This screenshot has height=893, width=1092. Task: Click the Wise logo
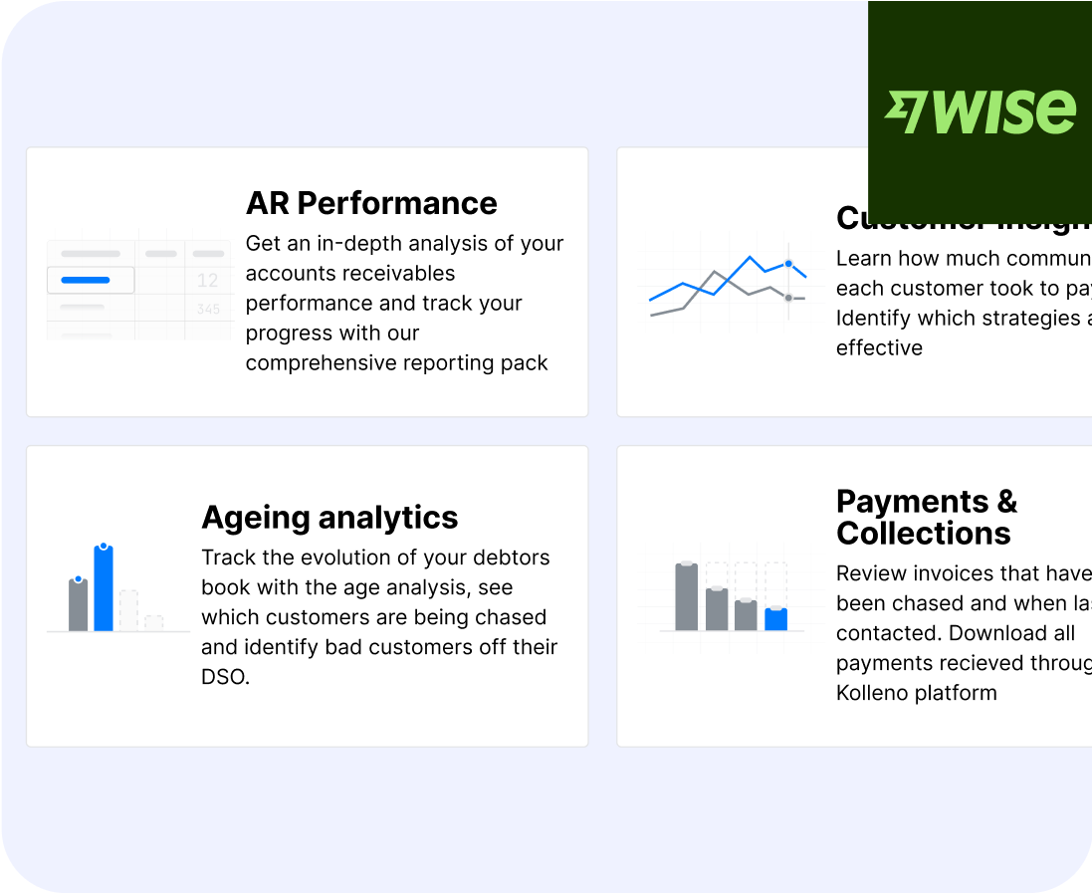(x=981, y=112)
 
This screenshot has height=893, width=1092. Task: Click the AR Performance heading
(x=371, y=203)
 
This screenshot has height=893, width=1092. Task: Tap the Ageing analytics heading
(x=329, y=518)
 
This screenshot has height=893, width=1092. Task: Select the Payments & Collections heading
(x=926, y=517)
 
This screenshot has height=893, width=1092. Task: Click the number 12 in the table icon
(x=208, y=281)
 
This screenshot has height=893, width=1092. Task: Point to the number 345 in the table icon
(x=208, y=310)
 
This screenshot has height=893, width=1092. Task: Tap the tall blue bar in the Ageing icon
(x=104, y=589)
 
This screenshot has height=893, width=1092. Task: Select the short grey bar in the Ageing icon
(x=79, y=605)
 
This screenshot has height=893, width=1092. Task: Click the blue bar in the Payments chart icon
(x=776, y=619)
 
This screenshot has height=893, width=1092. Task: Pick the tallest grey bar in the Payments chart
(x=686, y=597)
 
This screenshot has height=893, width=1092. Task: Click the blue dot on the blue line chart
(x=788, y=264)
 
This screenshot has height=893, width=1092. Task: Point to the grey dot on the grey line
(x=788, y=298)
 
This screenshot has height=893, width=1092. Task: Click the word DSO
(x=224, y=677)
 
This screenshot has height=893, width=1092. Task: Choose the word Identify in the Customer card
(x=872, y=318)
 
